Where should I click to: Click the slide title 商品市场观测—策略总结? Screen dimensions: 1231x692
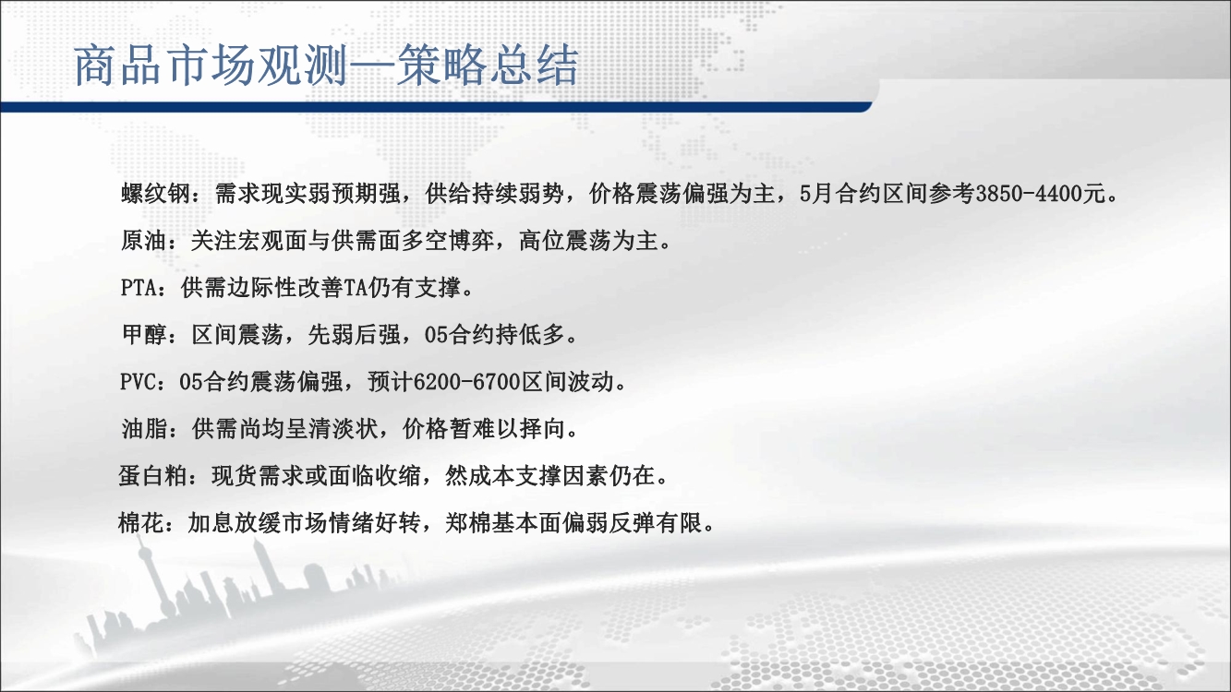pos(326,66)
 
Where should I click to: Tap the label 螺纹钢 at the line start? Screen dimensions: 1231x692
pos(155,194)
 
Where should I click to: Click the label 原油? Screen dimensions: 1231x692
pos(144,241)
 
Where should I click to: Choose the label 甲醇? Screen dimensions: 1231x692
pos(144,334)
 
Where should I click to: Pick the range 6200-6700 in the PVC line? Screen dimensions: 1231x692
pos(466,382)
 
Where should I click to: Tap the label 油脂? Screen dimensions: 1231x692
pos(144,428)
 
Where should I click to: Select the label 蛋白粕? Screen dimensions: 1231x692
pos(153,475)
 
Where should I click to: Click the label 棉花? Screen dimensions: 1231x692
pos(141,523)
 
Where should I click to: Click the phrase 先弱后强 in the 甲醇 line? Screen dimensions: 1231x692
pos(354,334)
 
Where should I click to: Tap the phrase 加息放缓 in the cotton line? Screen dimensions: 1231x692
pos(235,523)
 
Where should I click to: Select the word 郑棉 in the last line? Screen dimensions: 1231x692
pos(468,523)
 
